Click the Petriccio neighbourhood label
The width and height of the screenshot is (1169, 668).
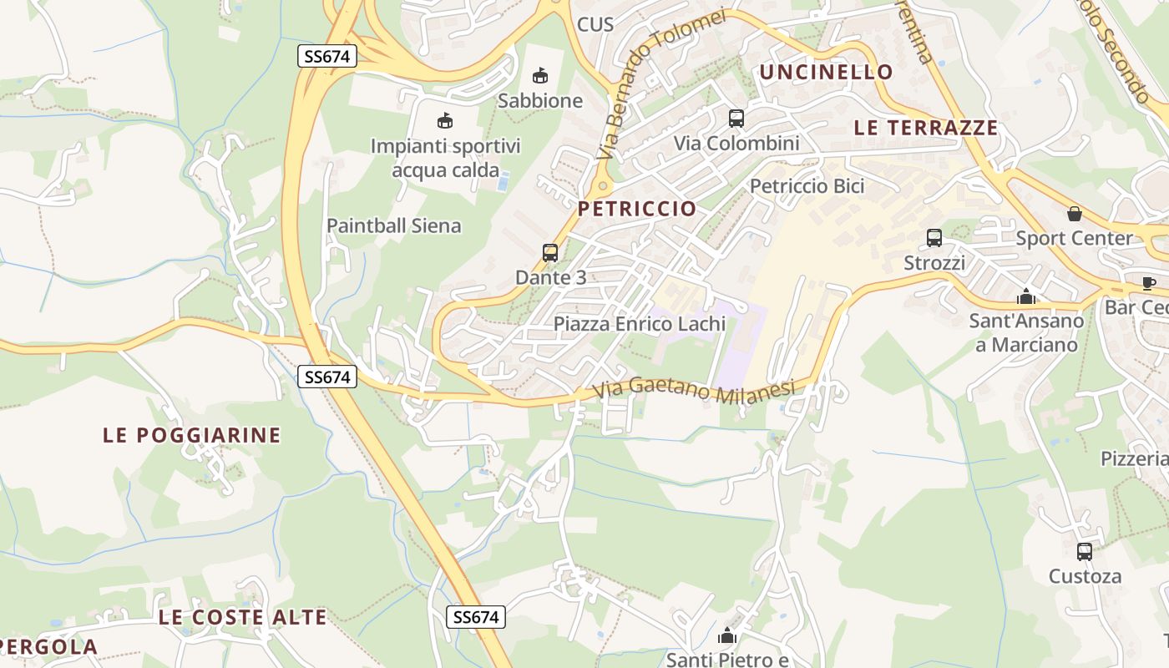[x=637, y=209]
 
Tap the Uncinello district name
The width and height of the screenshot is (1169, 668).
[x=826, y=72]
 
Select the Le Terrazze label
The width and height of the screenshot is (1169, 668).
[x=926, y=128]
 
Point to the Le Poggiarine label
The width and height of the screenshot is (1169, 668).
[x=192, y=435]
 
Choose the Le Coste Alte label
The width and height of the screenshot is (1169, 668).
[x=243, y=618]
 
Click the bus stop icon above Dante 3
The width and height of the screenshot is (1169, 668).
[x=550, y=253]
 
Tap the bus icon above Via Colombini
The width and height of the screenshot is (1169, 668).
[x=736, y=119]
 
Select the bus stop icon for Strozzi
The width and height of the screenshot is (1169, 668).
[x=934, y=238]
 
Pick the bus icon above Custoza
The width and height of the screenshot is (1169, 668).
[x=1085, y=552]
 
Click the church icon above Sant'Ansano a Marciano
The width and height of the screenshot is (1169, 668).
[x=1026, y=296]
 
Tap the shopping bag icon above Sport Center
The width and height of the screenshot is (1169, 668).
[x=1075, y=214]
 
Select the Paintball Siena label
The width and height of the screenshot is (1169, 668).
[x=393, y=225]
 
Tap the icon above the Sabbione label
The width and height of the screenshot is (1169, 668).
[x=540, y=76]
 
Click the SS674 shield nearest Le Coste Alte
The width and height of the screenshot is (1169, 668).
[x=476, y=617]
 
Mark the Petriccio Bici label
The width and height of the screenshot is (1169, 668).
[x=807, y=186]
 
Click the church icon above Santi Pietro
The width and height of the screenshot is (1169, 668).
[x=727, y=636]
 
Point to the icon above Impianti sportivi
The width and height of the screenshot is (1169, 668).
[x=445, y=122]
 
